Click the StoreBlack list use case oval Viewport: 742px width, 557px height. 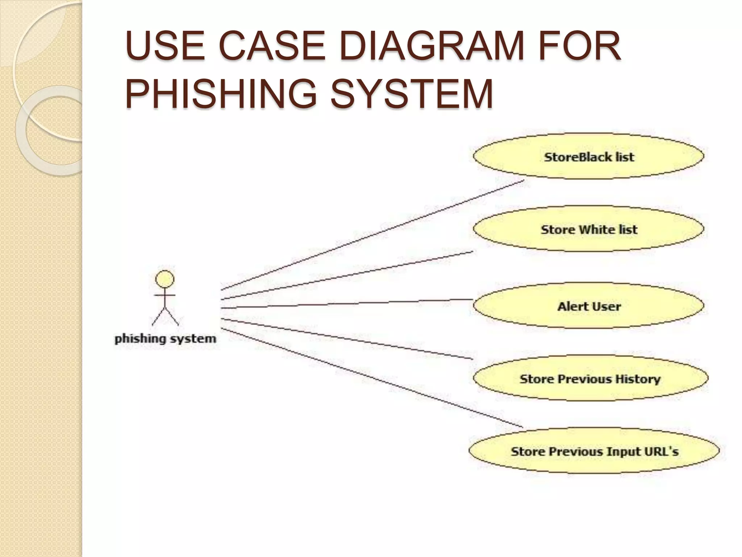tap(588, 156)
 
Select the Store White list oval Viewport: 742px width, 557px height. tap(588, 229)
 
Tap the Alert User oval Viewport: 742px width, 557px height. tap(588, 306)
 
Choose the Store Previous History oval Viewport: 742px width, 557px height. tap(590, 379)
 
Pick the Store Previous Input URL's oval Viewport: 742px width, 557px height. tap(594, 451)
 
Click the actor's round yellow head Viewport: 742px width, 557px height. tap(164, 279)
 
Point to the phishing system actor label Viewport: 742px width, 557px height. tap(165, 339)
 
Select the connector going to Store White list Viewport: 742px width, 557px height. tap(348, 275)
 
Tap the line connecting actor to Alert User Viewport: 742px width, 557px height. tap(348, 304)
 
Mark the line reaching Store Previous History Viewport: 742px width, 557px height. tap(348, 339)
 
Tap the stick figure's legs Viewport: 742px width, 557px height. tap(165, 316)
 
